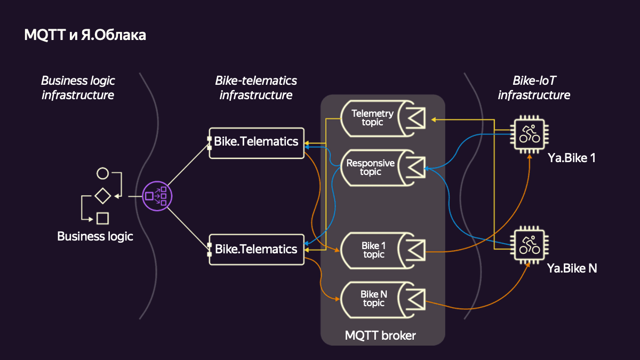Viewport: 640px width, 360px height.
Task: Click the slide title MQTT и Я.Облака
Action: click(85, 35)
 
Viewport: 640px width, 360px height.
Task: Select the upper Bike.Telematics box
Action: click(256, 142)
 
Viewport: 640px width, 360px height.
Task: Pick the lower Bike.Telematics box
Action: click(256, 249)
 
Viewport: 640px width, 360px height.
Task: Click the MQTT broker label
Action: click(380, 335)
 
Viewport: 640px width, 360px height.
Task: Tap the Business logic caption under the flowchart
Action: click(95, 236)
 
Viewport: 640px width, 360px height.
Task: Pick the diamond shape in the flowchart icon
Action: click(102, 196)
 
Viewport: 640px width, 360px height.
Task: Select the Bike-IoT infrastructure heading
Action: click(534, 88)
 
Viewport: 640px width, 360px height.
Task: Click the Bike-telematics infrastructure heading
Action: click(256, 88)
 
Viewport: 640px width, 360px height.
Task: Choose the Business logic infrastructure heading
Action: click(78, 88)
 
